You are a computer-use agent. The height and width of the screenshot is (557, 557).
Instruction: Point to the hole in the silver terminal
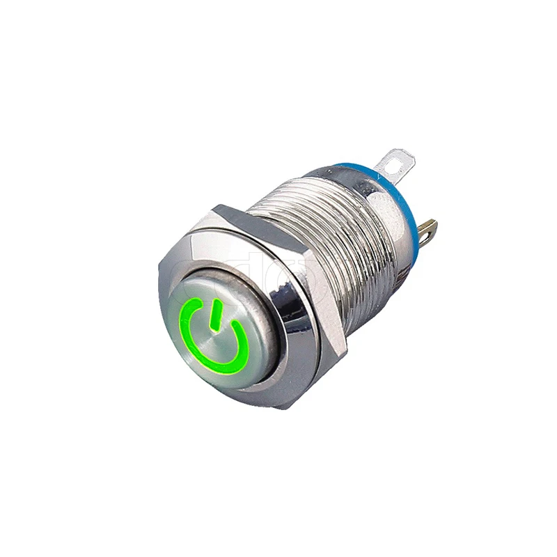click(x=400, y=161)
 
